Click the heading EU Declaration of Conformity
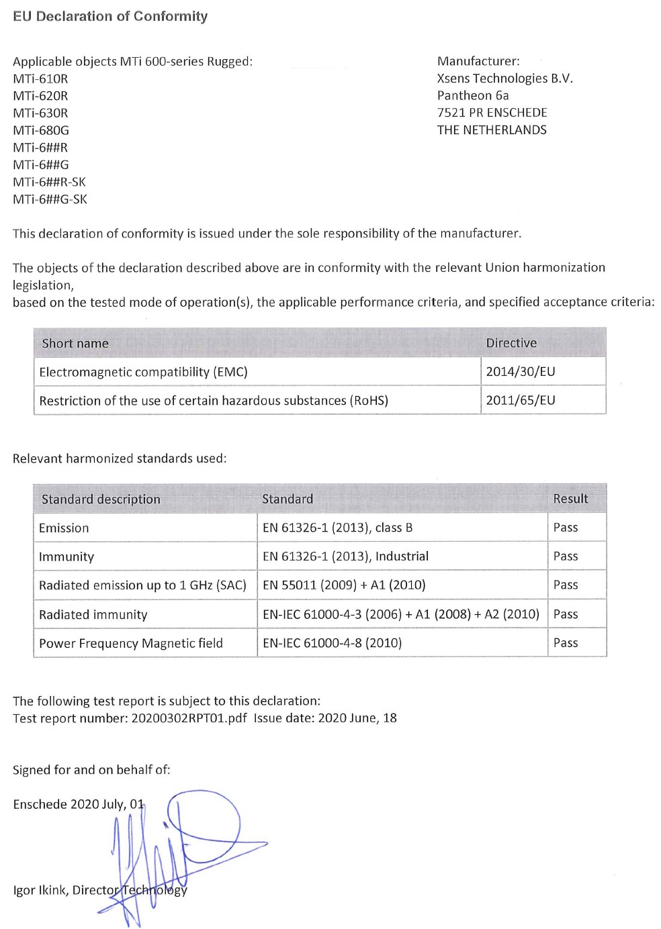click(110, 16)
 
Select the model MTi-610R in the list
click(40, 79)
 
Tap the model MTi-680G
click(41, 130)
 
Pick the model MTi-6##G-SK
click(50, 199)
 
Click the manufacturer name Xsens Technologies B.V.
click(504, 79)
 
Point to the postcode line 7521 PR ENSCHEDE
click(492, 113)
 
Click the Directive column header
click(511, 343)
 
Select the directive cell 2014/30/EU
click(521, 372)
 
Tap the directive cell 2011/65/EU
click(521, 401)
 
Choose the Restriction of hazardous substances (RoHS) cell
click(214, 401)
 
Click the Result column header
click(570, 499)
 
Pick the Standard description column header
click(101, 499)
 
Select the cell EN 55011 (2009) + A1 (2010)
click(344, 585)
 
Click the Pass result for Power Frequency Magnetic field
click(566, 643)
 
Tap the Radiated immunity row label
click(93, 614)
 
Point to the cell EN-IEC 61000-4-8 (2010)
click(332, 643)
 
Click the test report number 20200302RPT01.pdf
click(189, 718)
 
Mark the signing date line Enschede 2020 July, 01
click(78, 804)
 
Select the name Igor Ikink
click(40, 891)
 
